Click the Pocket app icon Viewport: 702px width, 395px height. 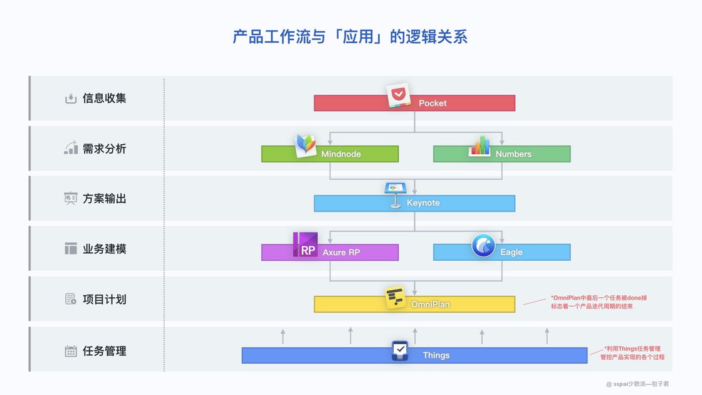pyautogui.click(x=397, y=95)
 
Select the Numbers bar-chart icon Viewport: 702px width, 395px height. pyautogui.click(x=479, y=146)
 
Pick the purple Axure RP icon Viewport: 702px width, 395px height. pyautogui.click(x=305, y=245)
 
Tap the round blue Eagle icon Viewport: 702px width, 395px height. pyautogui.click(x=483, y=245)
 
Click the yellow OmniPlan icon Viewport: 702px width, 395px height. pyautogui.click(x=396, y=298)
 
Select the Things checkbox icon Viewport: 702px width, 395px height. pyautogui.click(x=400, y=350)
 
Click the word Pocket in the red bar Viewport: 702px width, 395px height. pyautogui.click(x=432, y=103)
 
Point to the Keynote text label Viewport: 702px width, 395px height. pyautogui.click(x=423, y=203)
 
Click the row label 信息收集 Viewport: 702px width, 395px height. pyautogui.click(x=105, y=98)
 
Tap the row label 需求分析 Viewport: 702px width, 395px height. pyautogui.click(x=105, y=149)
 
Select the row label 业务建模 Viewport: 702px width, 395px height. pyautogui.click(x=105, y=249)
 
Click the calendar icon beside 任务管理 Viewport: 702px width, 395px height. pyautogui.click(x=71, y=351)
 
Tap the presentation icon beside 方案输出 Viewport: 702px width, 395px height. pyautogui.click(x=71, y=199)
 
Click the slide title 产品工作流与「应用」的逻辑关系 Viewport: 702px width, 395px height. pyautogui.click(x=350, y=36)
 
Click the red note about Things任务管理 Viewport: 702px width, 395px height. pyautogui.click(x=634, y=353)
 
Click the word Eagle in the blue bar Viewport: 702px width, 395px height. pyautogui.click(x=511, y=253)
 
